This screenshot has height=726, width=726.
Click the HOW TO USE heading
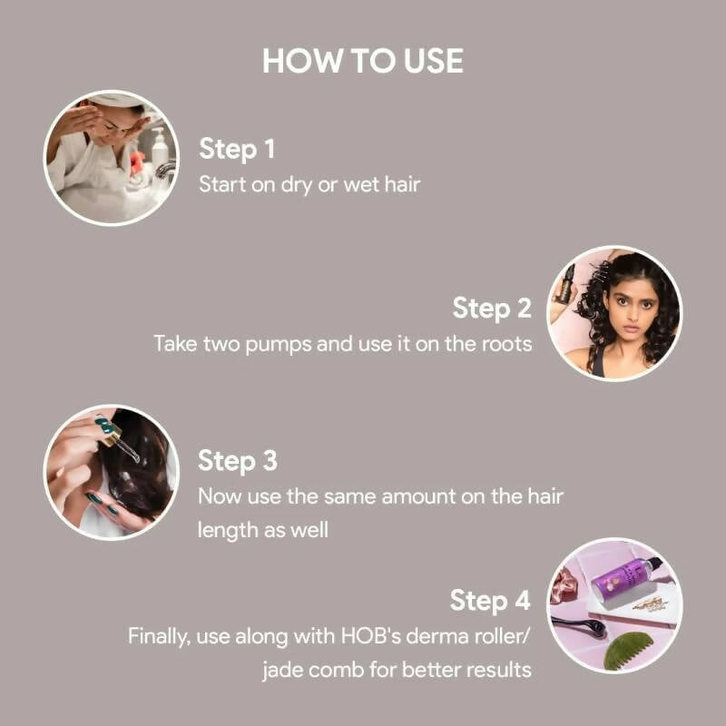pyautogui.click(x=363, y=61)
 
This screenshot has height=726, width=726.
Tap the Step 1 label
pyautogui.click(x=236, y=149)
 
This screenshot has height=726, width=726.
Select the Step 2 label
pyautogui.click(x=492, y=309)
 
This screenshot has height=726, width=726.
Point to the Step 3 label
pyautogui.click(x=237, y=461)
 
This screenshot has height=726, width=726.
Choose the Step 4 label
pyautogui.click(x=491, y=601)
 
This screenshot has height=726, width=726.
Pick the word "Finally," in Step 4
pyautogui.click(x=159, y=636)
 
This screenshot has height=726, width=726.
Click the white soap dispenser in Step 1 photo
pyautogui.click(x=160, y=150)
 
